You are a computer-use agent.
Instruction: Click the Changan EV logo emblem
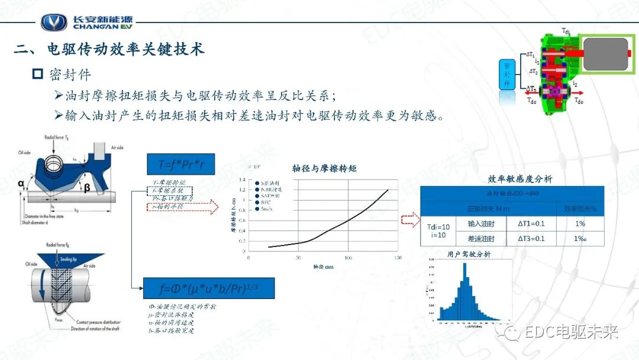54,22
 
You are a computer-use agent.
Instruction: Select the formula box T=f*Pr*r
180,164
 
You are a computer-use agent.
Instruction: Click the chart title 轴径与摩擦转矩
324,168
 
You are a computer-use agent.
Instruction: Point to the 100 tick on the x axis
348,258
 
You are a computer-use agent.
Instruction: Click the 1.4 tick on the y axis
241,180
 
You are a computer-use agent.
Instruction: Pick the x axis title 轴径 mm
324,267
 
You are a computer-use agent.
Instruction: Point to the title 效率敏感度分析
519,179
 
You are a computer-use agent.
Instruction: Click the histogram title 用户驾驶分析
469,255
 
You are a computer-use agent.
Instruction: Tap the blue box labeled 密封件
506,74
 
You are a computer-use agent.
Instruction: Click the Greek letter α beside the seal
21,183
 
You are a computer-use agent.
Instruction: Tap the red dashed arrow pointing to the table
409,221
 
